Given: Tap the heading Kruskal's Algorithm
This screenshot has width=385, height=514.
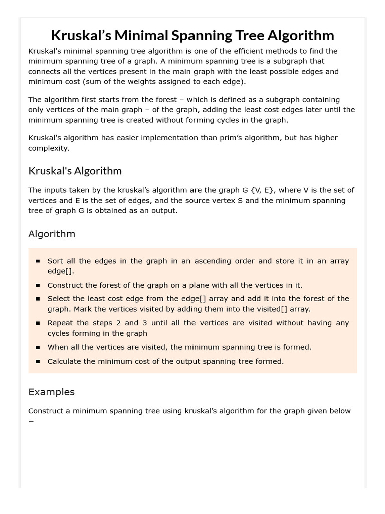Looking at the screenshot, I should pyautogui.click(x=75, y=171).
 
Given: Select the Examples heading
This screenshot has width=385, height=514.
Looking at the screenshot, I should pyautogui.click(x=51, y=392).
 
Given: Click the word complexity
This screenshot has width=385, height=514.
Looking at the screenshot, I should pyautogui.click(x=48, y=148).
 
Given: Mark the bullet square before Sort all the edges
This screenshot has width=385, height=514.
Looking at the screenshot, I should pyautogui.click(x=38, y=261).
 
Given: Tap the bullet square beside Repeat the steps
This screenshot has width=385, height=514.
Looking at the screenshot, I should pyautogui.click(x=38, y=323).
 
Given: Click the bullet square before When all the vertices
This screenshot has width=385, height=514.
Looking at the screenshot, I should pyautogui.click(x=38, y=347).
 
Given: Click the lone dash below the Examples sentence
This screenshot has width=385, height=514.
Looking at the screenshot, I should pyautogui.click(x=31, y=421).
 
